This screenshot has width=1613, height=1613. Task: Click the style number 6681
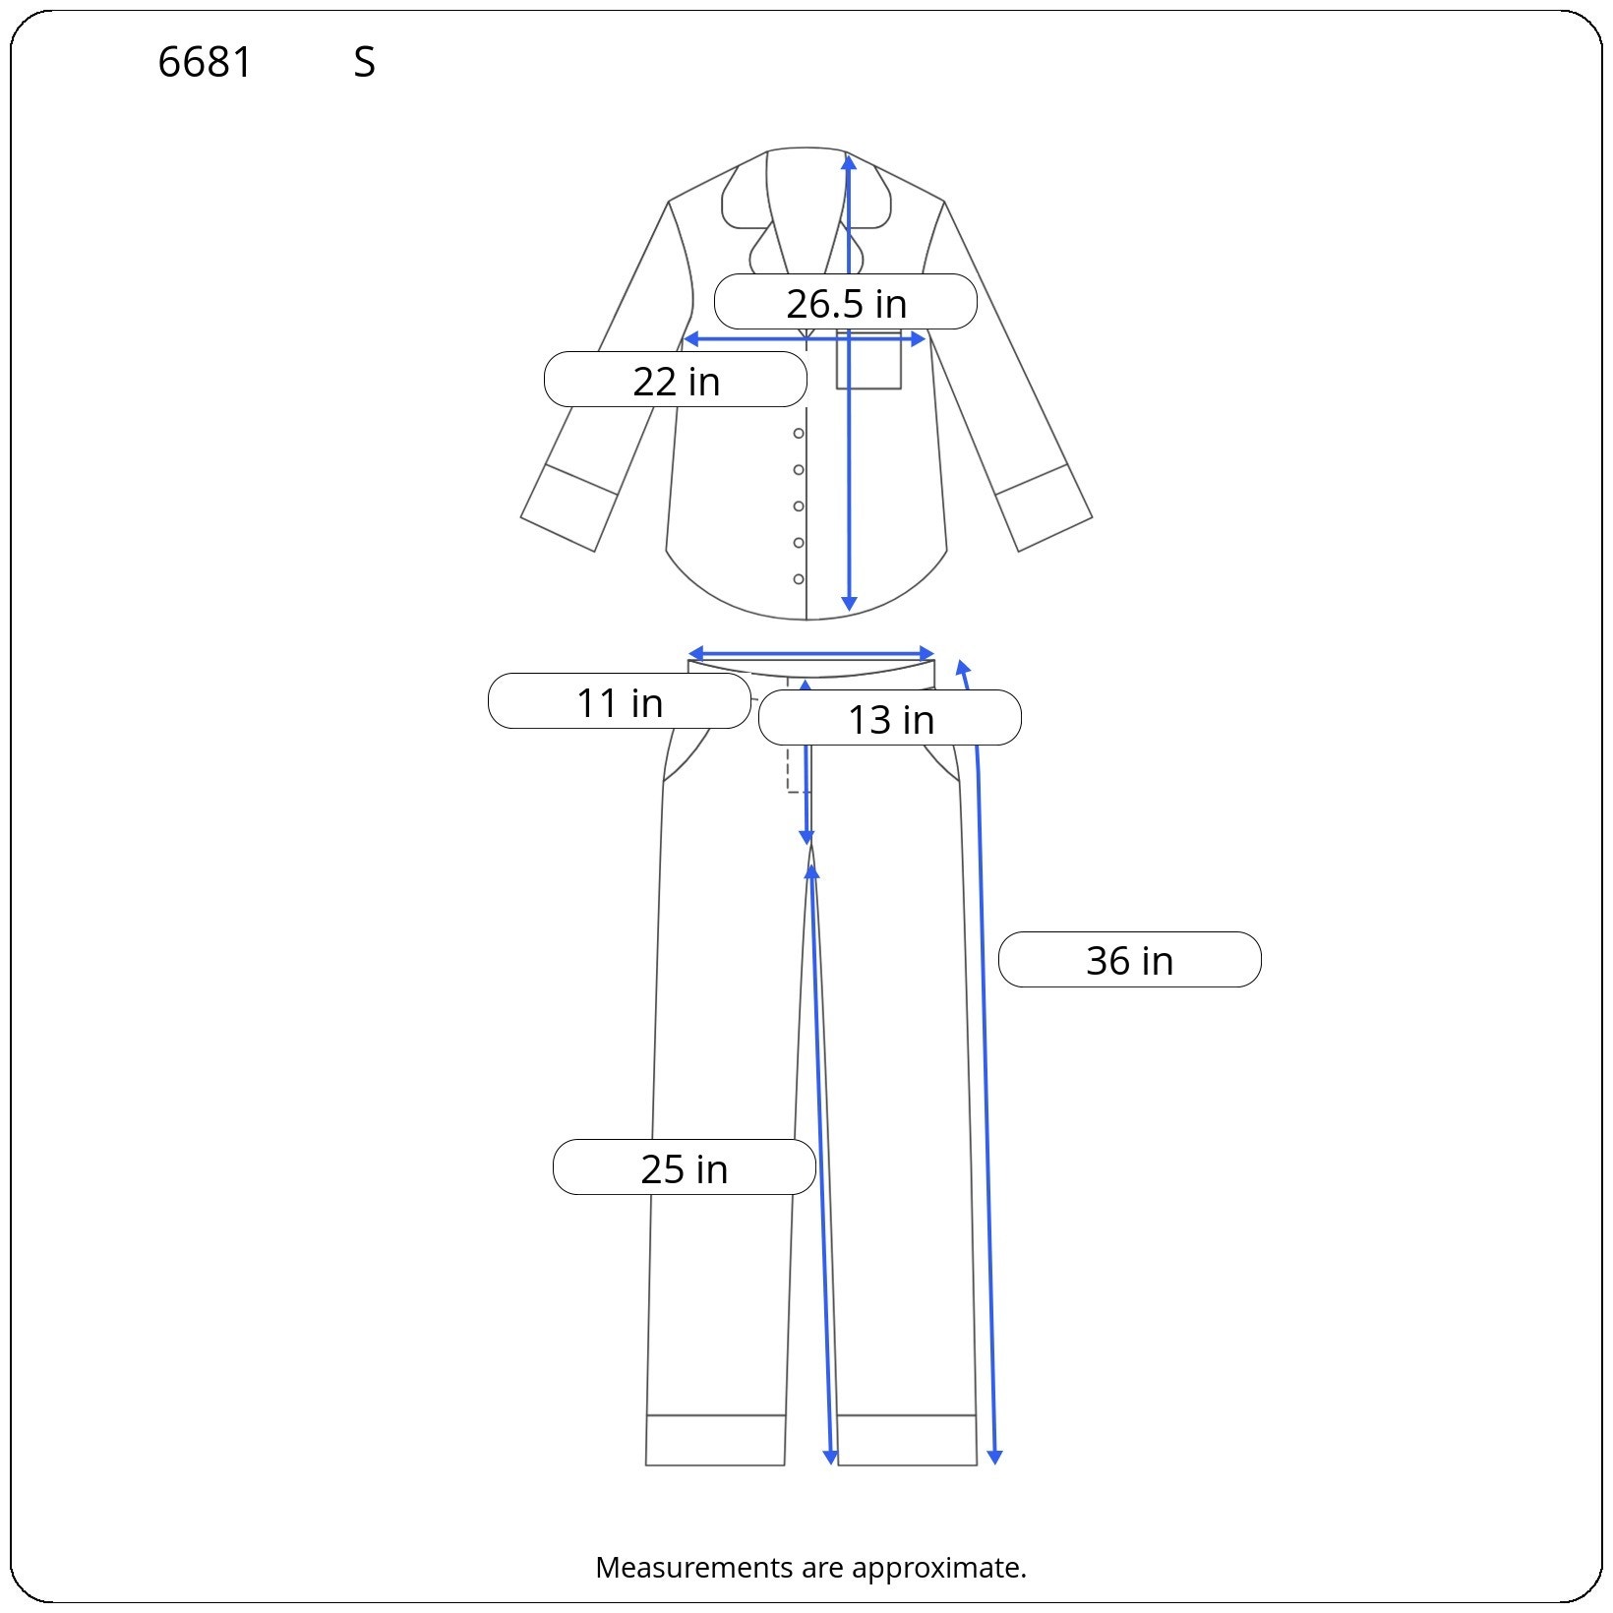205,63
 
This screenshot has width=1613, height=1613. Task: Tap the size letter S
364,63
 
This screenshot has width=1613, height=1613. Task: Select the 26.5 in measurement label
846,302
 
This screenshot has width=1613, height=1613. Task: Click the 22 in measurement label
676,380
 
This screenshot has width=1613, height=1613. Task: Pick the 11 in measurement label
620,701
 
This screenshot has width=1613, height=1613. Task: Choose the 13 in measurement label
890,718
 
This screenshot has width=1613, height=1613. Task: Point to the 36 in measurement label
1130,960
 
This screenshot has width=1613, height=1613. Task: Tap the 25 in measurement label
685,1167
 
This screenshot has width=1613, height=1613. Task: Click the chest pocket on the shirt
868,360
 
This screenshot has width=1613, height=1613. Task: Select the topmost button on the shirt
799,434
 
